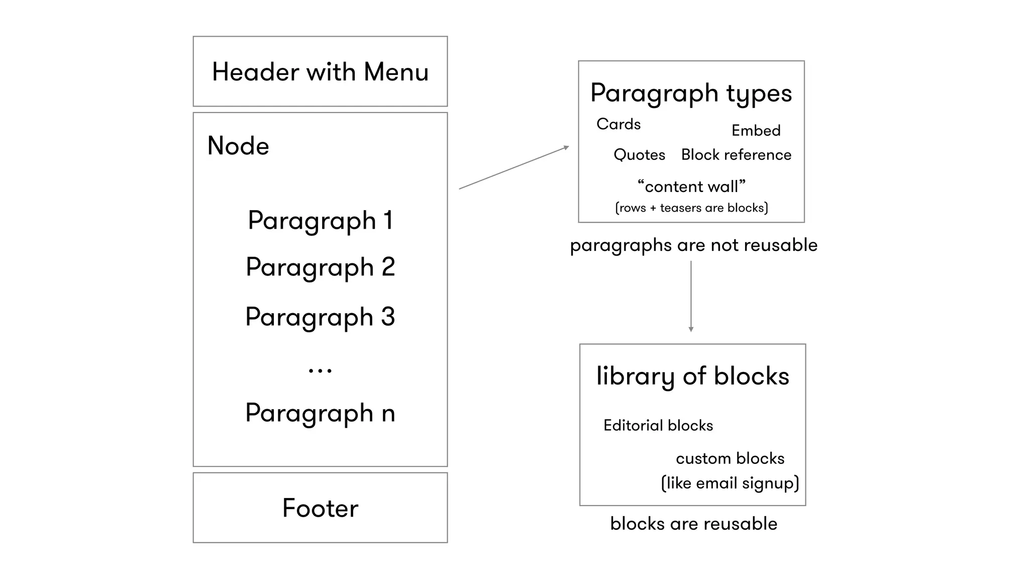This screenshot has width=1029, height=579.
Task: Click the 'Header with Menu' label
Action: (x=320, y=72)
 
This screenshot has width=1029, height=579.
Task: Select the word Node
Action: (x=238, y=146)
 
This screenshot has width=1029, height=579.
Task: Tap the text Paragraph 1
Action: (x=320, y=221)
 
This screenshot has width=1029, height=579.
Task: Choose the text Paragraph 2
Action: (x=320, y=267)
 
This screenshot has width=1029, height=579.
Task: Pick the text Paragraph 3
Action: (x=320, y=317)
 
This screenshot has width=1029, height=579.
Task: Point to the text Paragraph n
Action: (x=320, y=413)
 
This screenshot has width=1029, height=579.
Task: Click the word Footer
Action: (x=320, y=508)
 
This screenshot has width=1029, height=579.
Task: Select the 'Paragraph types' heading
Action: (x=691, y=93)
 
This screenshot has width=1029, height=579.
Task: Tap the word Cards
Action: (x=619, y=124)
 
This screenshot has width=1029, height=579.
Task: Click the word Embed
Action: (x=756, y=131)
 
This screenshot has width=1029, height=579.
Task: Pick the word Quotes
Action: (x=639, y=155)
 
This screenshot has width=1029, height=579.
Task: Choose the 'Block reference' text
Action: (x=736, y=155)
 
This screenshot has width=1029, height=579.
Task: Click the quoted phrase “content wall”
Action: (x=691, y=186)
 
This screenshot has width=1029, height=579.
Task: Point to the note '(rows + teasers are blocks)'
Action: (x=691, y=208)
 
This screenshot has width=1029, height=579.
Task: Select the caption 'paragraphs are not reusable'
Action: (x=693, y=245)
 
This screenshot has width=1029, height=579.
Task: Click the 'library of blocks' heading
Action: (x=692, y=376)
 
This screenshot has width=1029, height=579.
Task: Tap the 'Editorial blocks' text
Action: (x=658, y=426)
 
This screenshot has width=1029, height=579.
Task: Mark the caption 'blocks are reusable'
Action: (x=693, y=524)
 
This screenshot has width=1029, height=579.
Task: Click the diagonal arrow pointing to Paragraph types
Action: (x=513, y=168)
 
